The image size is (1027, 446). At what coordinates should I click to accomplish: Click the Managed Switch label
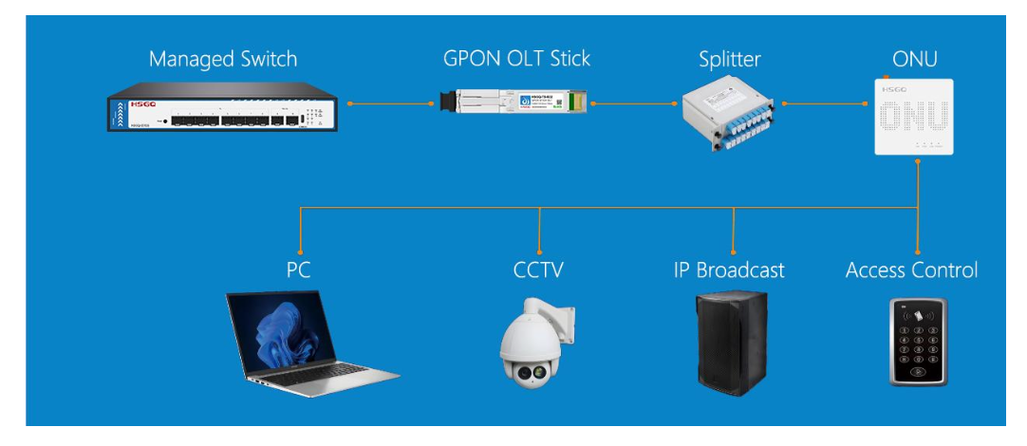click(223, 59)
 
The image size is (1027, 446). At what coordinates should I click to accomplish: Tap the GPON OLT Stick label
click(516, 59)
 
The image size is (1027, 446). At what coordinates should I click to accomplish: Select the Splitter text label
click(729, 59)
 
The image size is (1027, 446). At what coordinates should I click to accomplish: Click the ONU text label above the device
click(914, 59)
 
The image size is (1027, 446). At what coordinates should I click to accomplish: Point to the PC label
click(299, 270)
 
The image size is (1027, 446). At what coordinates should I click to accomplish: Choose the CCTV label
click(538, 270)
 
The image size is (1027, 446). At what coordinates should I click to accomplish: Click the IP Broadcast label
click(729, 270)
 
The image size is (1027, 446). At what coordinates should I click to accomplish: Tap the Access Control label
click(911, 270)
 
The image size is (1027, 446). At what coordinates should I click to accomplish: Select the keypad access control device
click(918, 342)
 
